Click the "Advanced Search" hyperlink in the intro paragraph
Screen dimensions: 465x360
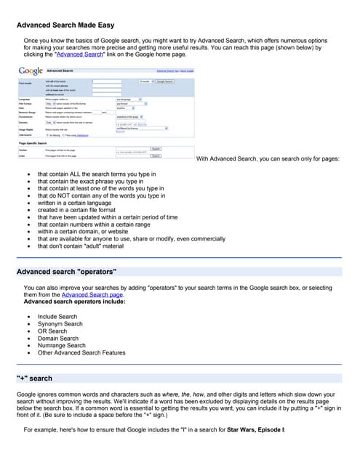click(x=82, y=54)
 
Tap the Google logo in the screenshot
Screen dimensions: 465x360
click(x=31, y=71)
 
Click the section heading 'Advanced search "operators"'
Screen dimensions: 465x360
click(x=67, y=272)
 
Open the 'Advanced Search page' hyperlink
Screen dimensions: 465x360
click(x=92, y=295)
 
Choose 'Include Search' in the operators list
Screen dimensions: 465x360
click(x=57, y=318)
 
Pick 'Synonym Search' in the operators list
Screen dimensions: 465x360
click(x=60, y=324)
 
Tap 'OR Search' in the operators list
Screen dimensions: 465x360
click(x=52, y=331)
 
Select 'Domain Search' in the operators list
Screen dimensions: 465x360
click(x=58, y=339)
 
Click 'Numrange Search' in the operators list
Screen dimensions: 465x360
click(x=63, y=346)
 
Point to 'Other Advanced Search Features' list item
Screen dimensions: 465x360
click(x=81, y=353)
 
